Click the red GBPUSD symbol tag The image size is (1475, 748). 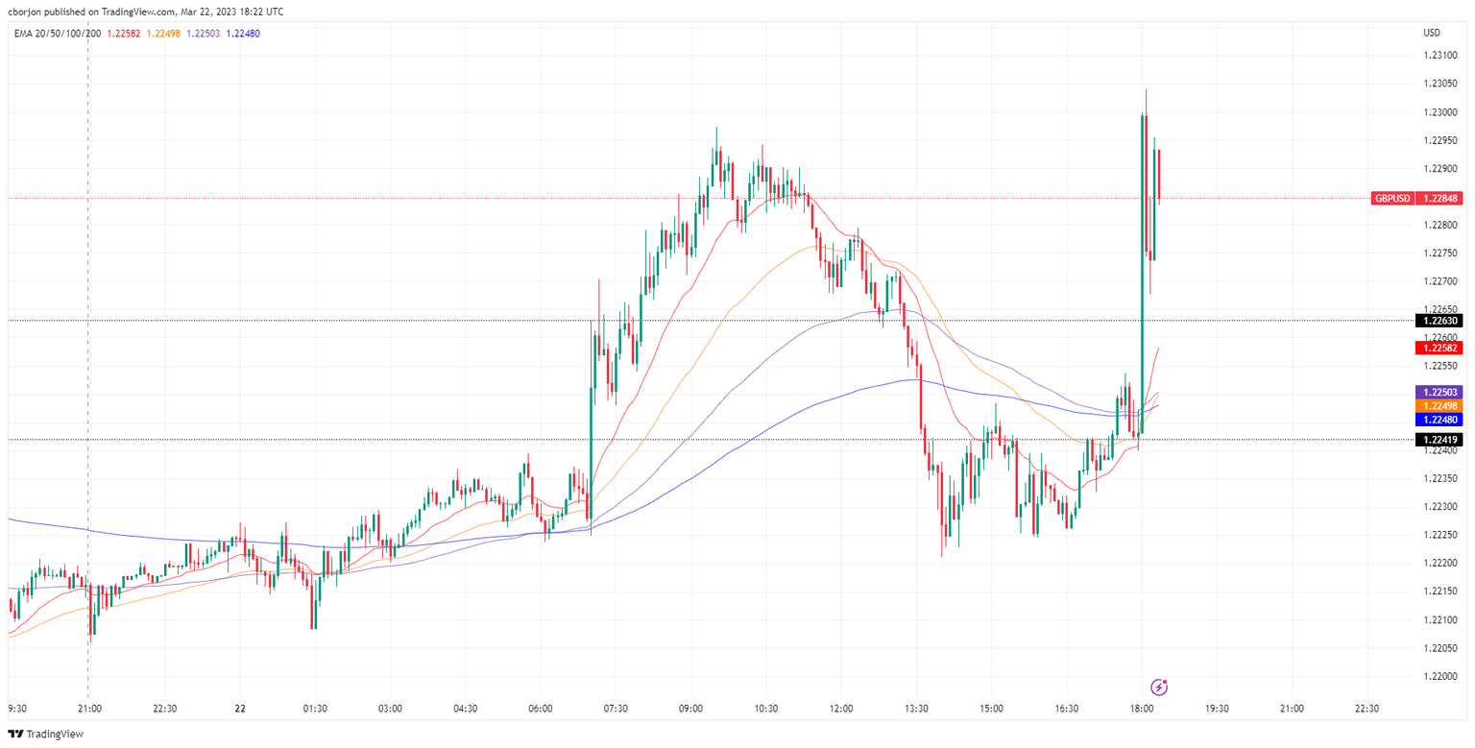click(x=1392, y=198)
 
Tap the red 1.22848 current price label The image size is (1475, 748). click(x=1441, y=198)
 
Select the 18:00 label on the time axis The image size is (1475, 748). click(x=1142, y=709)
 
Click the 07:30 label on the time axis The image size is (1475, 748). click(x=616, y=709)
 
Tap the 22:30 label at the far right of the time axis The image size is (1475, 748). click(x=1366, y=709)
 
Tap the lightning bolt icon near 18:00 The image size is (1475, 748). click(x=1160, y=687)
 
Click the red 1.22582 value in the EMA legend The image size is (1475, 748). click(x=123, y=34)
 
